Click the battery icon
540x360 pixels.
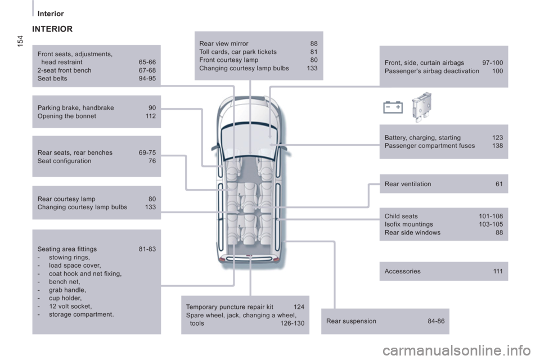point(393,107)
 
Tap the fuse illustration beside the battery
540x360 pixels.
point(421,107)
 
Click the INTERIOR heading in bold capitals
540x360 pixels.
point(52,29)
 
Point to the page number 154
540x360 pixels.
point(20,41)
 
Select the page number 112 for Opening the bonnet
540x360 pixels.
point(151,116)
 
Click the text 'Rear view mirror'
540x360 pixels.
point(224,44)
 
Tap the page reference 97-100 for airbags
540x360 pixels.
point(493,62)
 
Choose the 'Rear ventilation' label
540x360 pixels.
point(408,184)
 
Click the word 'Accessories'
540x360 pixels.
point(403,271)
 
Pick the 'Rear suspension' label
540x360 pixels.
point(351,321)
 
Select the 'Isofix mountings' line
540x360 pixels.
point(409,224)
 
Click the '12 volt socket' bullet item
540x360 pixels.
point(70,306)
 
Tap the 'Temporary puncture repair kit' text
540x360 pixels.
point(229,307)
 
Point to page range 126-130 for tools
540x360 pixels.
point(292,323)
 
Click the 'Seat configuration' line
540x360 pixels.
point(64,161)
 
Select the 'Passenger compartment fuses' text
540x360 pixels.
point(430,146)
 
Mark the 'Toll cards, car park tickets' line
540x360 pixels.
point(238,52)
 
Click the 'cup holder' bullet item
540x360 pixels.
point(65,298)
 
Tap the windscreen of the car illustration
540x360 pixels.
point(250,140)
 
